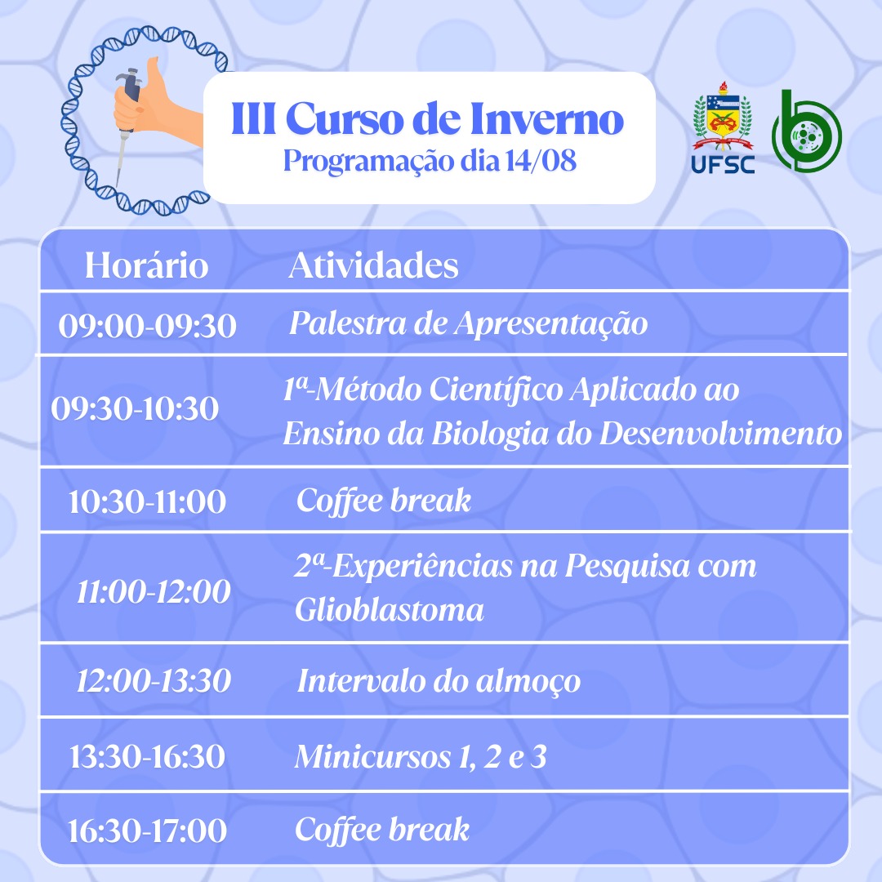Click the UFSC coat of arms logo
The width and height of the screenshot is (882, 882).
(722, 127)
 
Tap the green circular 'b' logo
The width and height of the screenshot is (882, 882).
(806, 131)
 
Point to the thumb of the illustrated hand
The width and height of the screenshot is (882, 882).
(153, 78)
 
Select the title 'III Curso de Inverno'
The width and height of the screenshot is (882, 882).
(427, 118)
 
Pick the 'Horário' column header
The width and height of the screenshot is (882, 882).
(146, 265)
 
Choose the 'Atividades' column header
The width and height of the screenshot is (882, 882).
(373, 265)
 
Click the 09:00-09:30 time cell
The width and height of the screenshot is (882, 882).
(147, 326)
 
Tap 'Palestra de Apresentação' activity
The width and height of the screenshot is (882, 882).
(468, 324)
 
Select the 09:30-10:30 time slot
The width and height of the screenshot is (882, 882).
(135, 408)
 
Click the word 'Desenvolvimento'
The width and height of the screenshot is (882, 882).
(720, 434)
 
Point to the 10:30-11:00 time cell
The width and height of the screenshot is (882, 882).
(147, 501)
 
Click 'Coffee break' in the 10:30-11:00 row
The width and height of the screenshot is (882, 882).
(384, 501)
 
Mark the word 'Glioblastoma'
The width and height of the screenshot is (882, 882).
(390, 610)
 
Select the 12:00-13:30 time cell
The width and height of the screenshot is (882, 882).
(154, 680)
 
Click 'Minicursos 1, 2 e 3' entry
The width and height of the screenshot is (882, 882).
(421, 756)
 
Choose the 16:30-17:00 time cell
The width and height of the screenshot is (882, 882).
(147, 831)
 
